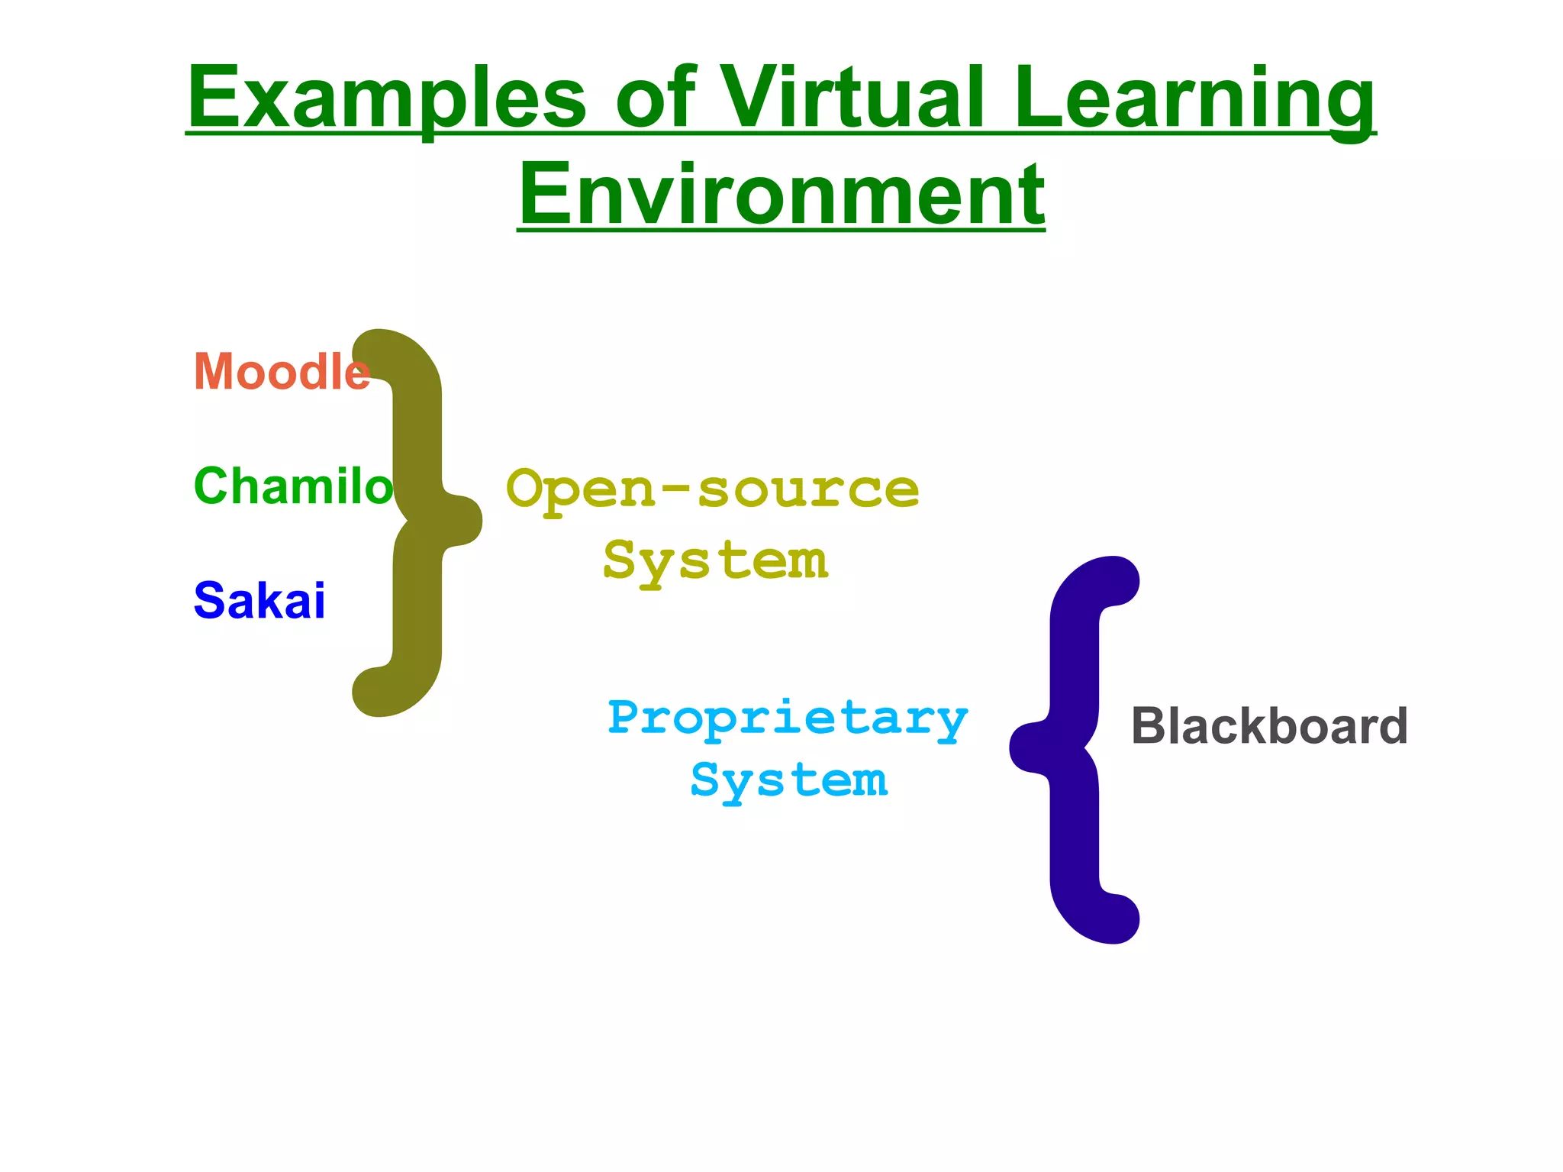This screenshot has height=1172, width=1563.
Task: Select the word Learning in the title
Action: pos(1194,99)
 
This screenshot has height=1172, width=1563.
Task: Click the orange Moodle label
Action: pos(282,372)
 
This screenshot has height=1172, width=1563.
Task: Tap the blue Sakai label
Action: pos(259,600)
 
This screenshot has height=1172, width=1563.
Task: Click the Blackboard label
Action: pos(1269,725)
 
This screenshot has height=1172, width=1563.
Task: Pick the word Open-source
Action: pos(712,489)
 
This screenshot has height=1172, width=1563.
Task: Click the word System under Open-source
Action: pos(715,561)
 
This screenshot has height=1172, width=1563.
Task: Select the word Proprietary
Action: pos(788,718)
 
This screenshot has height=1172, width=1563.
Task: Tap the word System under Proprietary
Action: pos(789,781)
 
